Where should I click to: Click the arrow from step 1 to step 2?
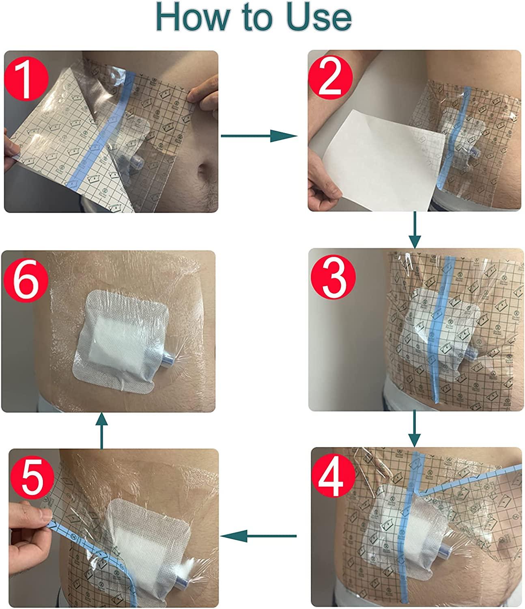258,136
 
